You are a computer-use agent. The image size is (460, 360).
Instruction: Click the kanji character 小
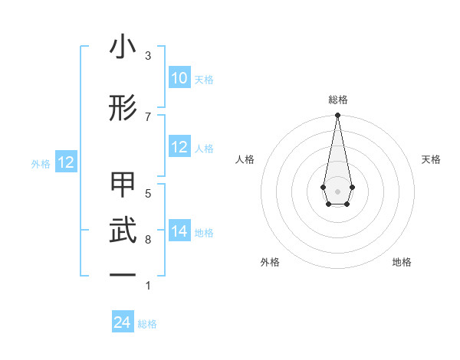coord(123,47)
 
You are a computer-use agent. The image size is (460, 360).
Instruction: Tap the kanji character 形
coord(123,109)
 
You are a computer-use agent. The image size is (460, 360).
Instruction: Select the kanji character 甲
coord(123,186)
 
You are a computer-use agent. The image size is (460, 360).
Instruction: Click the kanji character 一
coord(123,274)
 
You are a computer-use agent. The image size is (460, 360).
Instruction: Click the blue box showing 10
coord(179,78)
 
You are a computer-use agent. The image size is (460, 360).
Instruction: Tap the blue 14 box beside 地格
coord(179,232)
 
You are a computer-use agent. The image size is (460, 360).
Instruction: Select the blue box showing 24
coord(123,322)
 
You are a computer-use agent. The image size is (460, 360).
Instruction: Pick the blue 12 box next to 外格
coord(66,162)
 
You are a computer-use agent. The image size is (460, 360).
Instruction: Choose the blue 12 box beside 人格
coord(179,148)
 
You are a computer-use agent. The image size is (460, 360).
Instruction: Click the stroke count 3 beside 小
coord(148,55)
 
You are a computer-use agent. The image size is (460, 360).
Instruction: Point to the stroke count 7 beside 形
coord(148,116)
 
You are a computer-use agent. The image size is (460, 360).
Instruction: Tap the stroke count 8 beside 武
coord(148,240)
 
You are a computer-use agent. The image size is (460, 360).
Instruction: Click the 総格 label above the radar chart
coord(337,100)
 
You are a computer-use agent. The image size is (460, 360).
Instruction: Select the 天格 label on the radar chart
coord(431,159)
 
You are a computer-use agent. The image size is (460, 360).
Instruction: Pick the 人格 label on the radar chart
coord(245,159)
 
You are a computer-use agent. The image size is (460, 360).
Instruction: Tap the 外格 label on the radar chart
coord(270,262)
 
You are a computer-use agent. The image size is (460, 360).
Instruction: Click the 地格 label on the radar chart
coord(402,262)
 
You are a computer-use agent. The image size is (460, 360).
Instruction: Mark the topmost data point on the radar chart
coord(337,116)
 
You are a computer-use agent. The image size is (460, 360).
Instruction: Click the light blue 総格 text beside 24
coord(147,324)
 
